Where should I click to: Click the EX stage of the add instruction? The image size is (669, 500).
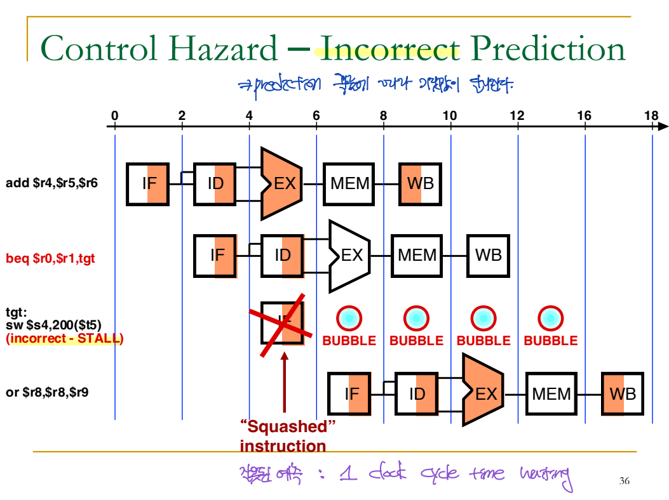[x=283, y=183]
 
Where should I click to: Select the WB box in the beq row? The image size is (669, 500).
[x=488, y=255]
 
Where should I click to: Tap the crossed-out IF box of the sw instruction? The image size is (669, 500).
[x=282, y=323]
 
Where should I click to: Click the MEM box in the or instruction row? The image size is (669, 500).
[x=551, y=394]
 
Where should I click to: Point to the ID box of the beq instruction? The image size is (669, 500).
[x=282, y=255]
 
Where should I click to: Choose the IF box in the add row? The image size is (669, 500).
[x=149, y=183]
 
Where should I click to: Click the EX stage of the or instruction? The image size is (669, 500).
[x=484, y=394]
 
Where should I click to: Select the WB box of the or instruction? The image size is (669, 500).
[x=623, y=394]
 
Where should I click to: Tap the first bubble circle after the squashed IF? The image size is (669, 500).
[x=349, y=317]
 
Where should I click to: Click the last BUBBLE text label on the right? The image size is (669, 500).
[x=550, y=341]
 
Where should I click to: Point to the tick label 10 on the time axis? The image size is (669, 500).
[x=450, y=115]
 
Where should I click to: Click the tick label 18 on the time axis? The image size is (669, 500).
[x=651, y=115]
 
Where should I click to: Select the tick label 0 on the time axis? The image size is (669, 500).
[x=114, y=115]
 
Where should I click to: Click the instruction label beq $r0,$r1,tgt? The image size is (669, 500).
[x=50, y=259]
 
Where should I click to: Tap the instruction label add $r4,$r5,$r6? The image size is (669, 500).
[x=51, y=184]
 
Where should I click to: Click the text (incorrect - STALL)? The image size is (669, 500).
[x=64, y=338]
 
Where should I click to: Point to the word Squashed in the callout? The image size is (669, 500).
[x=288, y=425]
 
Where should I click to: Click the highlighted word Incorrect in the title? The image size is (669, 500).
[x=389, y=49]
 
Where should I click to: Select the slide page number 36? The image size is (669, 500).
[x=624, y=482]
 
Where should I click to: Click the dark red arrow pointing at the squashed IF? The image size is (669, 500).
[x=284, y=381]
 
